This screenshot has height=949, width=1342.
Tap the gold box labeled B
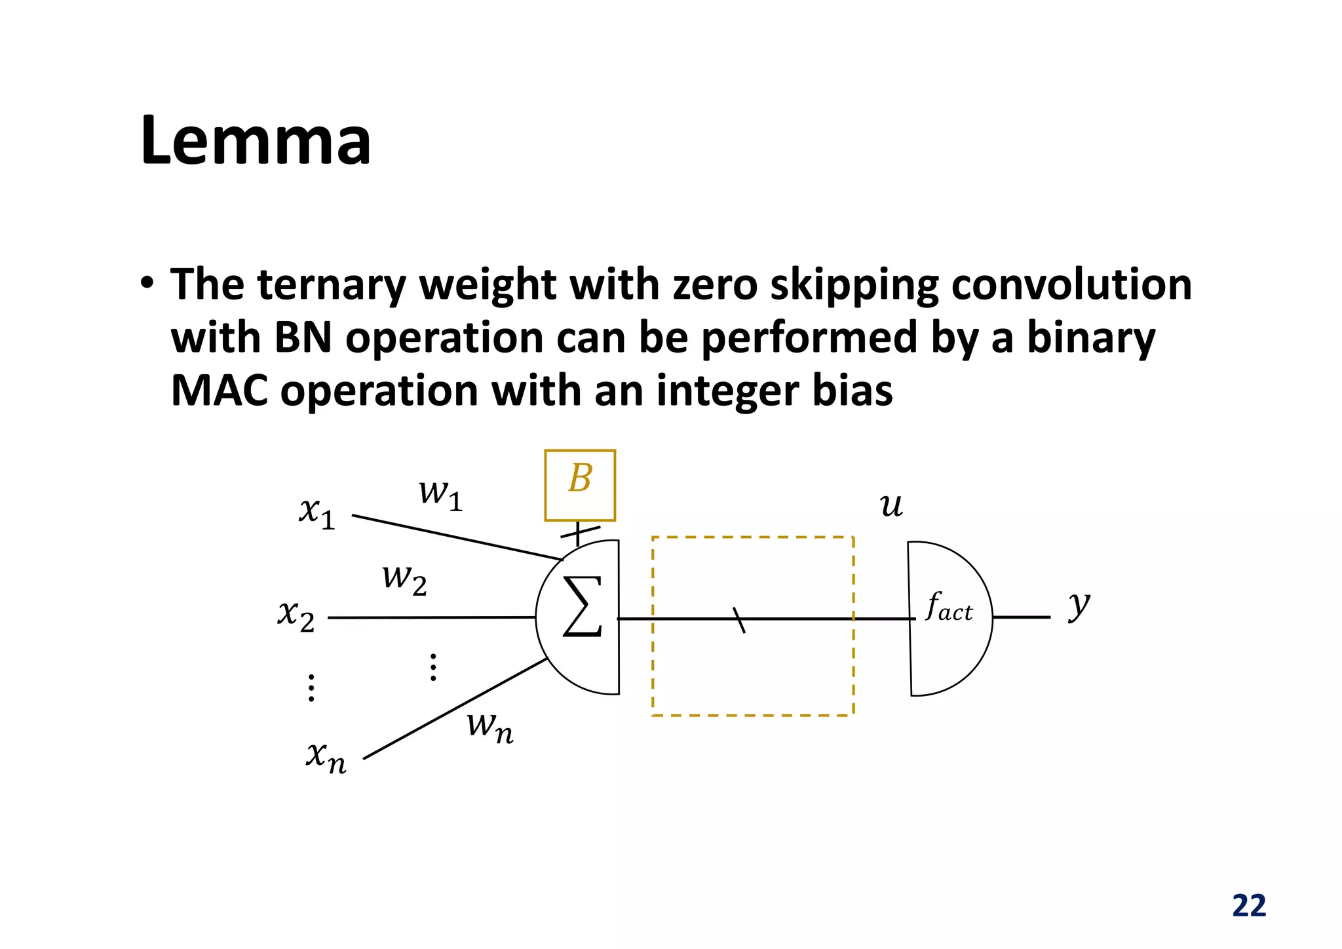(580, 485)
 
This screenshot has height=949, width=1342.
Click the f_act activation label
(949, 607)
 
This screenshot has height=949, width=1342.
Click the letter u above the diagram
(891, 505)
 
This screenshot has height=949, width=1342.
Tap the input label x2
(296, 615)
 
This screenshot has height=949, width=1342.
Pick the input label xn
(326, 757)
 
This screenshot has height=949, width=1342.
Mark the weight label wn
(490, 727)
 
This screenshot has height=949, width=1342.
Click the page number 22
(1249, 906)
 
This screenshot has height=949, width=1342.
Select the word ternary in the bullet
(332, 286)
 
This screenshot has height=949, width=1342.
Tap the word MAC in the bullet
(219, 391)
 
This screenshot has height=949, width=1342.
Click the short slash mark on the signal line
(738, 619)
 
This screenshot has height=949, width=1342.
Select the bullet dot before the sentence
(147, 284)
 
